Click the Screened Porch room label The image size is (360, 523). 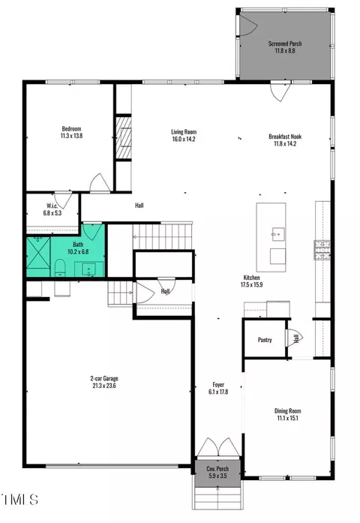(285, 44)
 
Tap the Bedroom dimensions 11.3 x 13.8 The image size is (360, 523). (72, 136)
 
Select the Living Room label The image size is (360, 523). (184, 132)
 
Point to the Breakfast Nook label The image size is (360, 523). (285, 137)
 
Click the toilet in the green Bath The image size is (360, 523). (60, 268)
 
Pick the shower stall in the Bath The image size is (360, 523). (38, 252)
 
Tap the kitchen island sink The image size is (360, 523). (278, 234)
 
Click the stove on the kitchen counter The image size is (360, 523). (322, 250)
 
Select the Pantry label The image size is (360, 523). (265, 340)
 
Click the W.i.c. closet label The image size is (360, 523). (52, 206)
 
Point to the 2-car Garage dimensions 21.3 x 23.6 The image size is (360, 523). (104, 386)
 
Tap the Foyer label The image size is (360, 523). (218, 385)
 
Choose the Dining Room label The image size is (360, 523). (288, 411)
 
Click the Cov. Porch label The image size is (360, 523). (217, 469)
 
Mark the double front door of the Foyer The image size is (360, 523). (218, 447)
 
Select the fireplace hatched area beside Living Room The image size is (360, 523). (124, 137)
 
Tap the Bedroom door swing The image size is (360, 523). (100, 183)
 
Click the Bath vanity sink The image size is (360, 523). (88, 269)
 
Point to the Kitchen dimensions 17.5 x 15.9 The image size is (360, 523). (252, 285)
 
